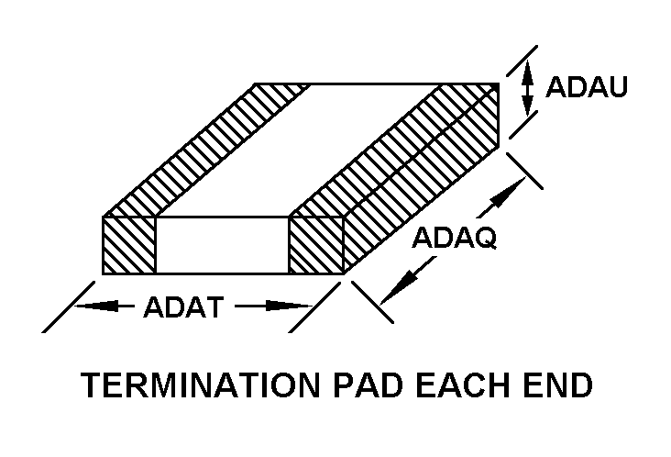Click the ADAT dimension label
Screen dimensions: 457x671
pyautogui.click(x=182, y=307)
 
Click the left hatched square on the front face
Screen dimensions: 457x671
pyautogui.click(x=129, y=245)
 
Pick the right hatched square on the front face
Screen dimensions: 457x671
pyautogui.click(x=316, y=245)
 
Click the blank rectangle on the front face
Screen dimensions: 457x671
pyautogui.click(x=223, y=245)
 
